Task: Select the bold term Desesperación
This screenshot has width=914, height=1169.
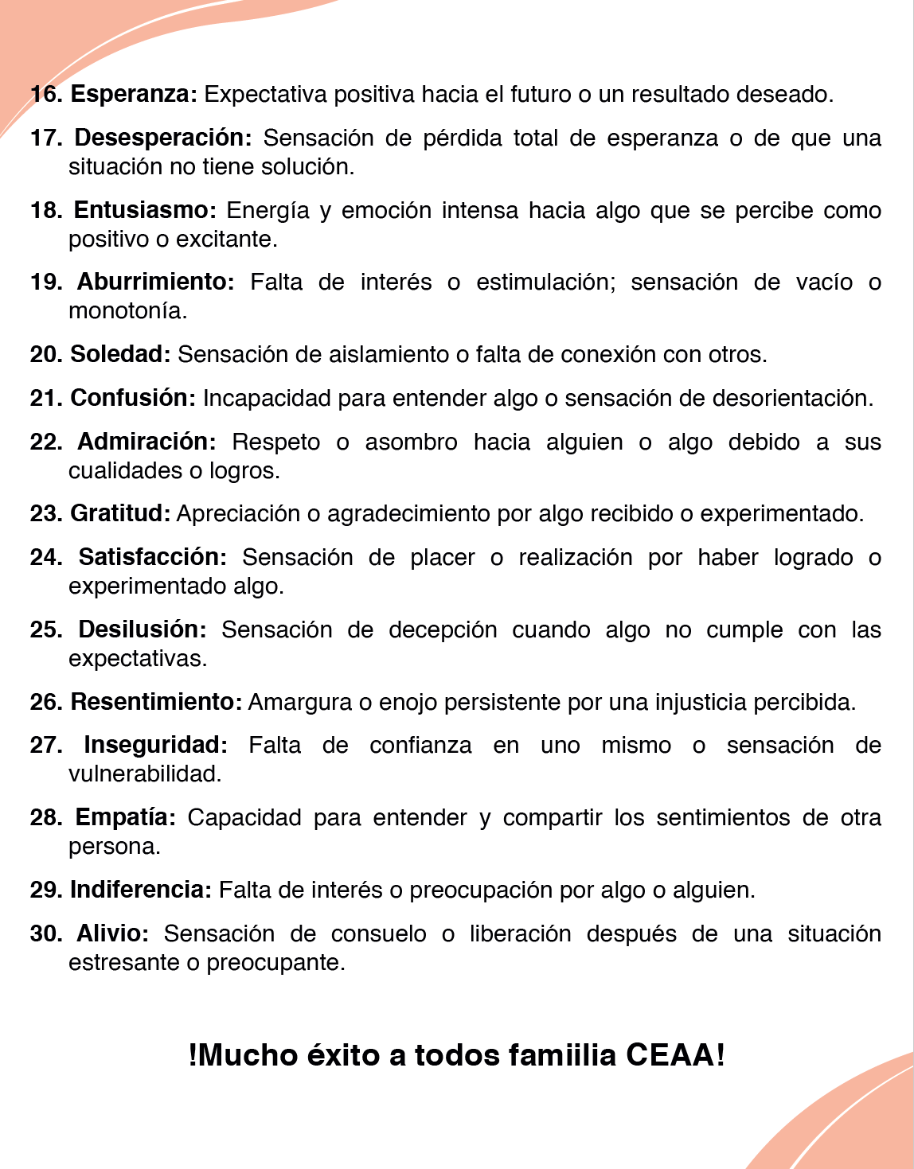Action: pyautogui.click(x=162, y=138)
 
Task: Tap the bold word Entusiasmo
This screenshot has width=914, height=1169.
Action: pyautogui.click(x=144, y=210)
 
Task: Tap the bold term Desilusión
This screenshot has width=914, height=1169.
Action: pyautogui.click(x=142, y=629)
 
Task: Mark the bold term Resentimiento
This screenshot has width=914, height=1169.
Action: pyautogui.click(x=156, y=702)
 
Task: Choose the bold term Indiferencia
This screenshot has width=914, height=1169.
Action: pyautogui.click(x=141, y=890)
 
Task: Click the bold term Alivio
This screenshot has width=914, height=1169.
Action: pyautogui.click(x=112, y=933)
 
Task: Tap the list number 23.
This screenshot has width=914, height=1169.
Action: pyautogui.click(x=46, y=513)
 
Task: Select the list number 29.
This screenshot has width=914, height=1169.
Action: pyautogui.click(x=46, y=890)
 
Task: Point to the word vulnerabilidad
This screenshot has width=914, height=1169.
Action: pyautogui.click(x=144, y=773)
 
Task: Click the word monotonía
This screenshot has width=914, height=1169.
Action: pyautogui.click(x=127, y=310)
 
